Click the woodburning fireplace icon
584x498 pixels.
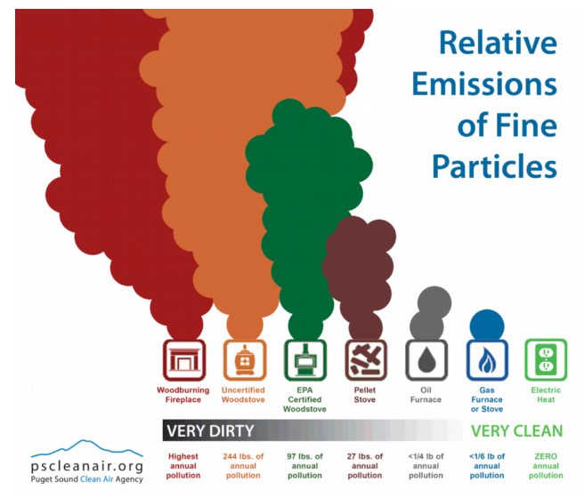(x=184, y=360)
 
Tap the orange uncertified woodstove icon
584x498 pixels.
(x=245, y=360)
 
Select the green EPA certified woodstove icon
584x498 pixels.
(x=305, y=360)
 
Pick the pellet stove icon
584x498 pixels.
(x=366, y=360)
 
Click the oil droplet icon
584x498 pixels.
(x=426, y=360)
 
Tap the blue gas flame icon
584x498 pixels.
(x=487, y=360)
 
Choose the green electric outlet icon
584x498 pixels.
(x=546, y=360)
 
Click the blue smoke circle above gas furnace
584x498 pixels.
(x=487, y=325)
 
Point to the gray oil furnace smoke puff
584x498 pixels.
(x=430, y=313)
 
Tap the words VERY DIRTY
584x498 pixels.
(x=210, y=431)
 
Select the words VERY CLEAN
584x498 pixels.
(x=517, y=431)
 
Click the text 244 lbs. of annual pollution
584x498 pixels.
(x=243, y=466)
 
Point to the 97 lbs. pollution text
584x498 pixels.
(x=304, y=466)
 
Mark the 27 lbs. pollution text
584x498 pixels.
(x=365, y=466)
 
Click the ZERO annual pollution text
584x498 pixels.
(x=546, y=466)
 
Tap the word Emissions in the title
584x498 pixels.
(x=484, y=84)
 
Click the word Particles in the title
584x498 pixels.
(x=495, y=165)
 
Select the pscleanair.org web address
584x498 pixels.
(x=87, y=466)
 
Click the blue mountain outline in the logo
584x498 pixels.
(x=86, y=448)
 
